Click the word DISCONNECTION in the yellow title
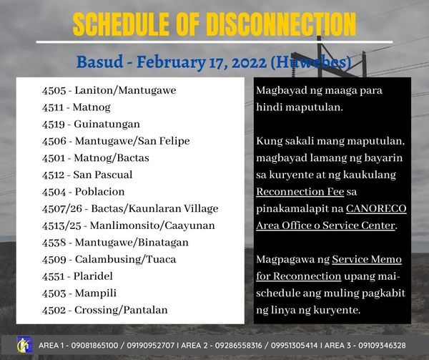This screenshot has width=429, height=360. pos(281,24)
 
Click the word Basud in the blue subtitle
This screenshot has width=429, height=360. pos(99,62)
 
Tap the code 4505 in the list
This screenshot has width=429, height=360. pos(54,91)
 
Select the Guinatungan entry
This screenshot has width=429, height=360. pos(107,125)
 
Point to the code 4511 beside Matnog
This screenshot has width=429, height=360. pos(53,107)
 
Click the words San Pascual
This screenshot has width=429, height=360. pos(103,175)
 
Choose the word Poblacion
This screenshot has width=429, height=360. pos(100,192)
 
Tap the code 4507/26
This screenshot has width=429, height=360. pos(62,209)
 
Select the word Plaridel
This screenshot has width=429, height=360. pos(93,276)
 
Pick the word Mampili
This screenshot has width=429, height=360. pos(96,293)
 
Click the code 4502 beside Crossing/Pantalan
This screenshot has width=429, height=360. pos(54,310)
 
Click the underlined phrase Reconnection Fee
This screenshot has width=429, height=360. pos(300,192)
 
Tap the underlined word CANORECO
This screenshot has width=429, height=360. pos(376,208)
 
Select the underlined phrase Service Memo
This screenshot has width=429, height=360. pos(367,259)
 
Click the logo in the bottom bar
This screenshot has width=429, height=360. pos(25,345)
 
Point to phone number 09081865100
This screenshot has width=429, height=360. pos(94,346)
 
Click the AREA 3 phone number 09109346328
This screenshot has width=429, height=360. pos(382,346)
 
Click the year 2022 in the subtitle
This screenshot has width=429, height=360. pos(250,62)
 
